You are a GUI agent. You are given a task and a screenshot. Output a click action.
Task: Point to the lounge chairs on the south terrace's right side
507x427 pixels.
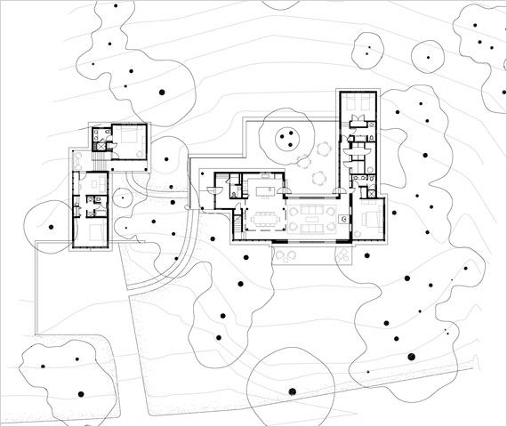click(342, 254)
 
